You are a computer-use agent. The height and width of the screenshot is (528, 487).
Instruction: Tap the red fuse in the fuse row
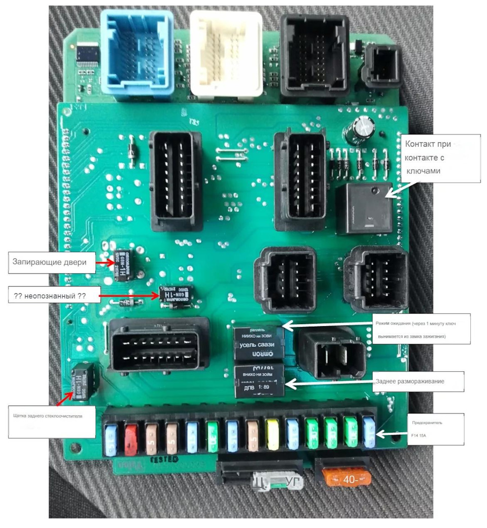click(x=131, y=438)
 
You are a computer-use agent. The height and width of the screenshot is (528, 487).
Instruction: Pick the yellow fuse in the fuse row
click(x=272, y=436)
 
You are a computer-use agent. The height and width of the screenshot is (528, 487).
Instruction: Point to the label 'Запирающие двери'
click(x=51, y=262)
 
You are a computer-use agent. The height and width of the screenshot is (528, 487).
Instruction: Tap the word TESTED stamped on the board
click(x=163, y=459)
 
